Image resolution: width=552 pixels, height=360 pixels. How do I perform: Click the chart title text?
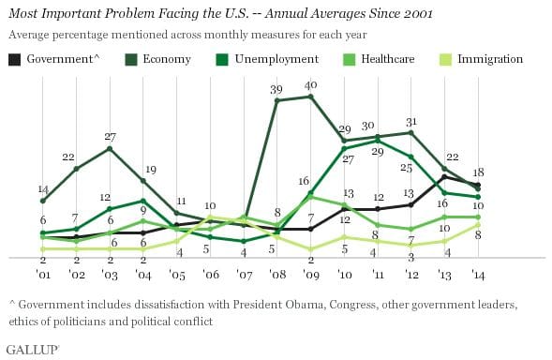tap(224, 13)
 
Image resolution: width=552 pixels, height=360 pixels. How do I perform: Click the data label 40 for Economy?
tap(312, 85)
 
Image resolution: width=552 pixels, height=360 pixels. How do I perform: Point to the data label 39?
tap(277, 89)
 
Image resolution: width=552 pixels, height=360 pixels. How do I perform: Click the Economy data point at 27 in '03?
tap(111, 148)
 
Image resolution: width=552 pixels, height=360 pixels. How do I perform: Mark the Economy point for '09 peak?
tap(311, 96)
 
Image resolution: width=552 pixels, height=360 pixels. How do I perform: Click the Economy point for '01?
tap(43, 201)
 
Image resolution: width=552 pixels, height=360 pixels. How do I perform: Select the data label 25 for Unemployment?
tap(407, 169)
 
